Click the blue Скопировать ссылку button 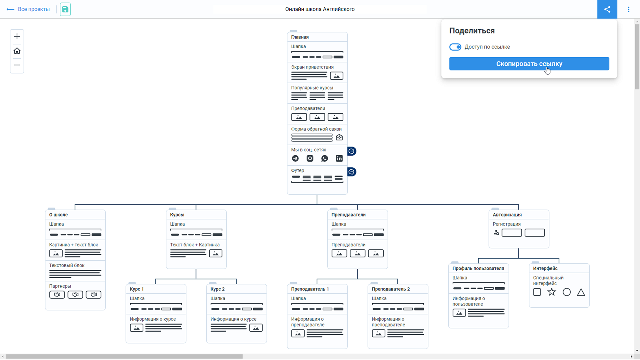pos(529,64)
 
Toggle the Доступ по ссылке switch pos(455,47)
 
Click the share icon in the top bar pos(607,9)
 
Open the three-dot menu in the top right pos(628,9)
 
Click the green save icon pos(65,9)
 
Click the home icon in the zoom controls pos(17,51)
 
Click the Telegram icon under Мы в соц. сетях pos(295,158)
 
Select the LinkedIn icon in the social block pos(339,158)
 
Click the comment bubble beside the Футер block pos(352,172)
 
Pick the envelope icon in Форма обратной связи pos(339,138)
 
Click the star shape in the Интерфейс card pos(552,292)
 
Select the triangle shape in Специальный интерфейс pos(581,292)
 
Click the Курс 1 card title pos(137,289)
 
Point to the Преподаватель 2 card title pos(390,289)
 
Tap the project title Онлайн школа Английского pos(320,9)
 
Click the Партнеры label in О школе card pos(60,286)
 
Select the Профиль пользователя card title pos(478,268)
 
